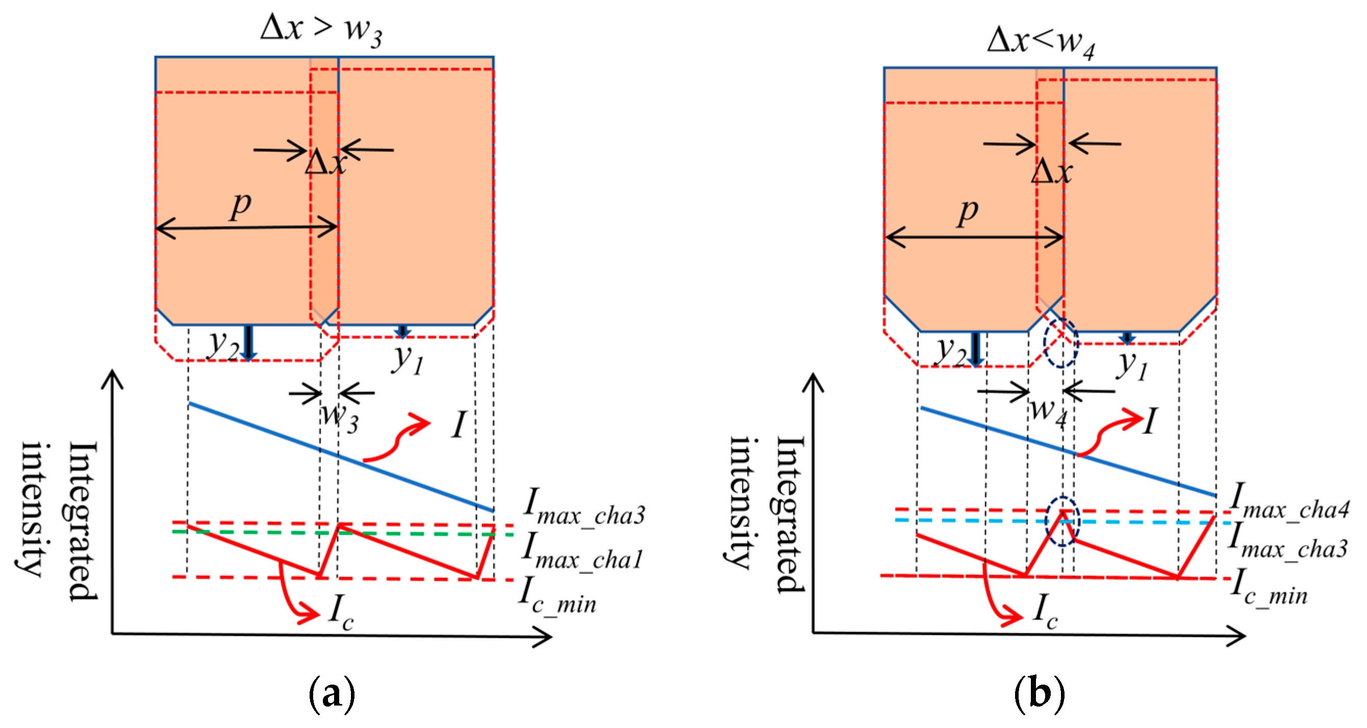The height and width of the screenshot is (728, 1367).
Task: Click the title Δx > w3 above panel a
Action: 320,30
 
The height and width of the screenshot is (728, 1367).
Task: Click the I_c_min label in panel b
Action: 1268,588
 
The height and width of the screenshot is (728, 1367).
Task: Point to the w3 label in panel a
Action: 340,417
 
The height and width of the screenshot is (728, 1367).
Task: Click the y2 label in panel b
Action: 951,350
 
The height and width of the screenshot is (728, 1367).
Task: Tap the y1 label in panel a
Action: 408,360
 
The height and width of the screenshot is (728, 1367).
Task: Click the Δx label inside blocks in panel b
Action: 1051,171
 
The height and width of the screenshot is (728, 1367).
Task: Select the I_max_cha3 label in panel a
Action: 584,507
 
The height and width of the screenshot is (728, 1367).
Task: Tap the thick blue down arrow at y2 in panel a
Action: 248,343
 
